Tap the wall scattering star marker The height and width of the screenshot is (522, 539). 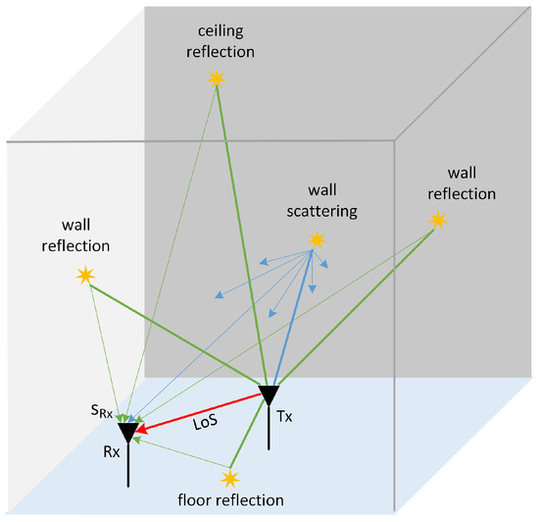click(x=316, y=240)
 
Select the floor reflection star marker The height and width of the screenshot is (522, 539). click(x=230, y=479)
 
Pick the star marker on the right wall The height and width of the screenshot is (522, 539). click(x=437, y=222)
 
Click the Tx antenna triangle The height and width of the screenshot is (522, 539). click(x=269, y=395)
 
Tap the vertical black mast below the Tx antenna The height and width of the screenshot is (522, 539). click(x=269, y=426)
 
